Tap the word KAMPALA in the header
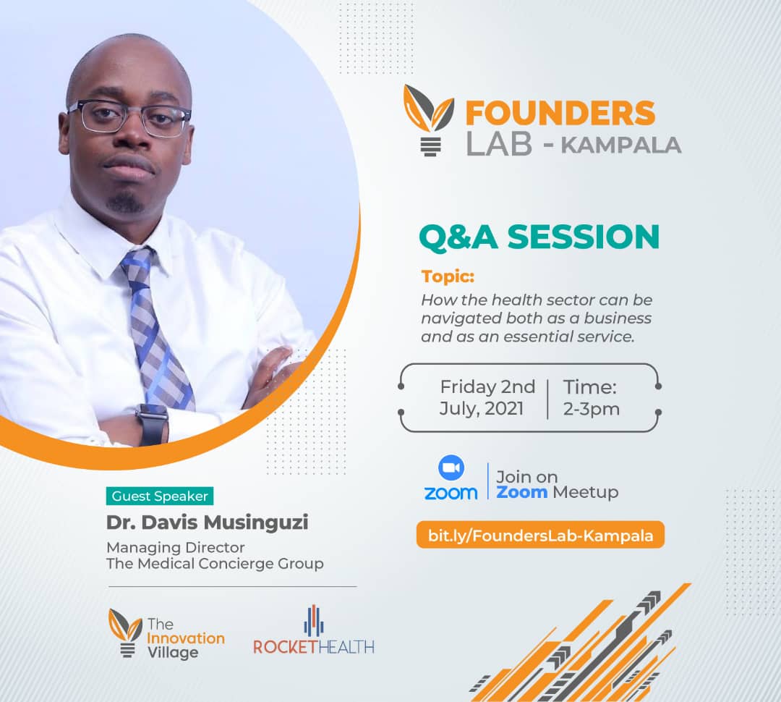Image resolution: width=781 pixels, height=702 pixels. [621, 145]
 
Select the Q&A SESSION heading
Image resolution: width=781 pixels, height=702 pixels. [539, 237]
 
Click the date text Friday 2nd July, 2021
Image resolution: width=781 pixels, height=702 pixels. [487, 397]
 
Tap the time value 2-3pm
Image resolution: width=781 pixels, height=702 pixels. [591, 409]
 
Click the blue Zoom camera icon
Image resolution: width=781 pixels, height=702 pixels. [451, 469]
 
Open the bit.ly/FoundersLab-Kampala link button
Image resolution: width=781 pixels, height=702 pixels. [540, 536]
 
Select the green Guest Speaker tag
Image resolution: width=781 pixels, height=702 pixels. [160, 496]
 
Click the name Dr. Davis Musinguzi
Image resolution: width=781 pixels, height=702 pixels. [207, 522]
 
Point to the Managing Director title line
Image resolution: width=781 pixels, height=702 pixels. [176, 547]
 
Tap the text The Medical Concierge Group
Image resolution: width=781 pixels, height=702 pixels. [215, 563]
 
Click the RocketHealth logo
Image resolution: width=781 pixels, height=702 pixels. [314, 632]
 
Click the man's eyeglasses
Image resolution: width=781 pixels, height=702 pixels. [129, 117]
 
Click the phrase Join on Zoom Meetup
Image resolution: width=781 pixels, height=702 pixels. [557, 484]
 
